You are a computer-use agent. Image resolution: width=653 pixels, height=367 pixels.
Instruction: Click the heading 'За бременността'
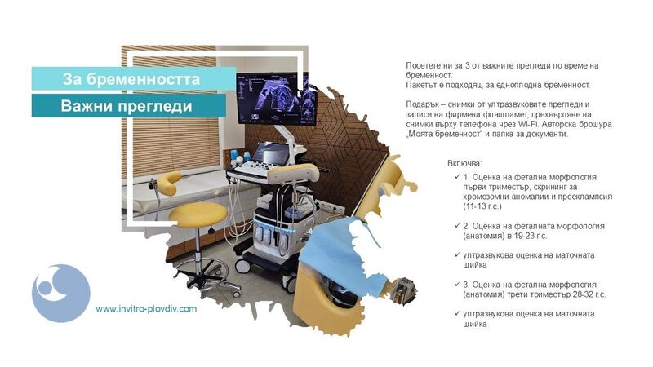pyautogui.click(x=131, y=79)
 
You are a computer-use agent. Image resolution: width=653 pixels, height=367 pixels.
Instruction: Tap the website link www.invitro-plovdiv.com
pyautogui.click(x=146, y=309)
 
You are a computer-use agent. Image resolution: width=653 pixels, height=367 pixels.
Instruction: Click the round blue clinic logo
pyautogui.click(x=60, y=293)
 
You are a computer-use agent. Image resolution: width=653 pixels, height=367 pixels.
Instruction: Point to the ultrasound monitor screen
pyautogui.click(x=268, y=98)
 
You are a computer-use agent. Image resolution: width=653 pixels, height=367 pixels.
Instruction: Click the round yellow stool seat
pyautogui.click(x=198, y=214)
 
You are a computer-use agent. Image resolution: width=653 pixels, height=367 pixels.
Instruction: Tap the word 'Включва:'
pyautogui.click(x=464, y=163)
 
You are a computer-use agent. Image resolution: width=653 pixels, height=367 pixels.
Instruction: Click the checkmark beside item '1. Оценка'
pyautogui.click(x=457, y=177)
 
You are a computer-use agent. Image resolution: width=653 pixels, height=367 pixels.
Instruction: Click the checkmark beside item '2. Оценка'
pyautogui.click(x=457, y=226)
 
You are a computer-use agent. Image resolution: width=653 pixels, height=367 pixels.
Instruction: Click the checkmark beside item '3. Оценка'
pyautogui.click(x=457, y=284)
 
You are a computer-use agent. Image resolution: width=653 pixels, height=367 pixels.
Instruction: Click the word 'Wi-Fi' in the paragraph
pyautogui.click(x=526, y=124)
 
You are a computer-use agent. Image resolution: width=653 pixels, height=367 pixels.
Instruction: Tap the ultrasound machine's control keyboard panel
pyautogui.click(x=253, y=168)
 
